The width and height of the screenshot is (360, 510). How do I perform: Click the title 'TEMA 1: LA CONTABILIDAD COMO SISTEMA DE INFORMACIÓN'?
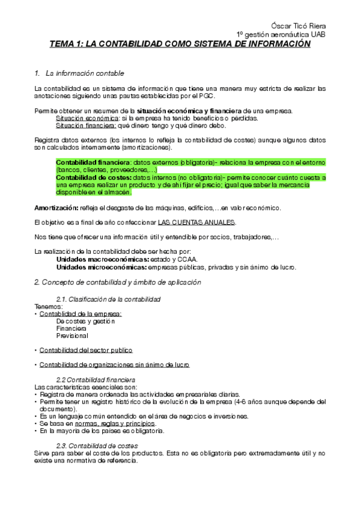point(180,44)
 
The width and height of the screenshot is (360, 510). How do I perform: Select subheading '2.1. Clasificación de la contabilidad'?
point(108,299)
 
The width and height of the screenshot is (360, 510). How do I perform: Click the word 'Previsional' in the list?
point(72,336)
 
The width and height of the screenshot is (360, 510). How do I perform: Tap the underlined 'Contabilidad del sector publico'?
point(85,350)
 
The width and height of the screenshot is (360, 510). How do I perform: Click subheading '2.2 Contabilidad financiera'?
point(96,379)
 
